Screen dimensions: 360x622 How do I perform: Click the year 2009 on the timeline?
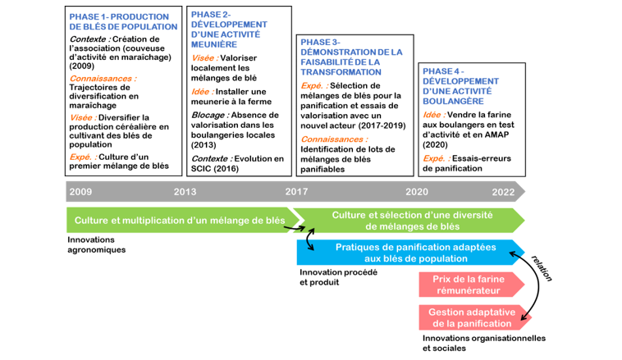(80, 191)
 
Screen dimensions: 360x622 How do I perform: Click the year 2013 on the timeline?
(185, 191)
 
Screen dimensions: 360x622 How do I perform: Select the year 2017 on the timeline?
(296, 191)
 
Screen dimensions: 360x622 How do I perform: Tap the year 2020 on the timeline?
(417, 191)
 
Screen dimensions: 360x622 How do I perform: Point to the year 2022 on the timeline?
(503, 191)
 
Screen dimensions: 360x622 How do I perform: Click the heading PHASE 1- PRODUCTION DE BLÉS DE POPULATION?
(123, 21)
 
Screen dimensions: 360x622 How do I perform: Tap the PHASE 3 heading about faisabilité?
(351, 57)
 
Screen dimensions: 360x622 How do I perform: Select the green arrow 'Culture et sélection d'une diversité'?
(411, 220)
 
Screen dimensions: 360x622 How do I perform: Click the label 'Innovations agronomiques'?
(97, 244)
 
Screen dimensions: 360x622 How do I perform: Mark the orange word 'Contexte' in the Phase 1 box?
(89, 39)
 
